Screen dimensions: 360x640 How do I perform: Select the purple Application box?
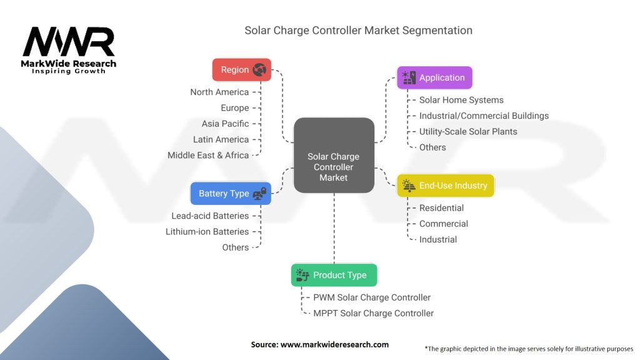tap(434, 77)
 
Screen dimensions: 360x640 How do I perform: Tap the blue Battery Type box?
tap(231, 194)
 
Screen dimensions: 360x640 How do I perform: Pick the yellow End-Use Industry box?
tap(446, 185)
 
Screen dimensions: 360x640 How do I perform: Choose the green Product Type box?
tap(334, 275)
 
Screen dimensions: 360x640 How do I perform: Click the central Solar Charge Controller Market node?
tap(334, 167)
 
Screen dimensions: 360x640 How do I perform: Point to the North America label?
tap(219, 92)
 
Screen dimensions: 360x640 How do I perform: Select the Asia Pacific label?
tap(225, 124)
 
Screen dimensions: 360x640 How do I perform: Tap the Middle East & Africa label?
tap(208, 155)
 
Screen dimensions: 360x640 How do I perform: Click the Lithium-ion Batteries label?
tap(207, 231)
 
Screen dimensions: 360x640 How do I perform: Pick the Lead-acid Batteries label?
tap(210, 216)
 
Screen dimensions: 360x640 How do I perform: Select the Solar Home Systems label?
tap(461, 99)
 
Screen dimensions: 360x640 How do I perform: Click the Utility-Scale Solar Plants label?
tap(468, 131)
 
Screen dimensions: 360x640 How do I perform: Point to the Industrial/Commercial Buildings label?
tap(484, 116)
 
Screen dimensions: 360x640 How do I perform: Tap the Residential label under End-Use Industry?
tap(441, 207)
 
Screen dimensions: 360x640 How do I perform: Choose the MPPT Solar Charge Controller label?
tap(373, 313)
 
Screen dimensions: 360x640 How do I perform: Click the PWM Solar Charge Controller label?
tap(372, 297)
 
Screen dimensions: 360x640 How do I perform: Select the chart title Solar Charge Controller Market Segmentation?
tap(358, 30)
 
